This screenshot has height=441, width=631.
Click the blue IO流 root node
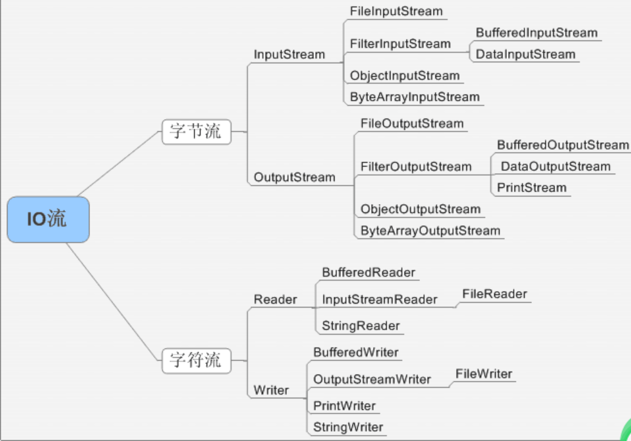click(48, 220)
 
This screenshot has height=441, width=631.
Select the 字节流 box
click(196, 132)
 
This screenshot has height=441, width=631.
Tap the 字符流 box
click(196, 361)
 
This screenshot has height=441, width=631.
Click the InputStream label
click(289, 54)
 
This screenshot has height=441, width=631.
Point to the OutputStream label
click(295, 177)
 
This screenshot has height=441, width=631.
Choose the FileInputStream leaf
click(396, 12)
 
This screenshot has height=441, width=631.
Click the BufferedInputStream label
click(536, 33)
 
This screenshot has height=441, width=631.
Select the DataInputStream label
click(526, 54)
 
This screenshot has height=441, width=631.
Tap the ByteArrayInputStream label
click(415, 97)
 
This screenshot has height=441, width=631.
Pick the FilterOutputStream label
click(416, 167)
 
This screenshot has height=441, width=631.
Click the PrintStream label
click(531, 188)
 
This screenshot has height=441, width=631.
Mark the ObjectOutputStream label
click(421, 209)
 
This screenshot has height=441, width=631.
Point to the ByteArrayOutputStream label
click(430, 230)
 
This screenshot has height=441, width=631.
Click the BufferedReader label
click(369, 273)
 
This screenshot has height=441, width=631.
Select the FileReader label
click(495, 294)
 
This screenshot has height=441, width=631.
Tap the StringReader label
click(361, 326)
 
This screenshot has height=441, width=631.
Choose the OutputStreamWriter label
click(372, 379)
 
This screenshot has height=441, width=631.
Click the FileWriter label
click(484, 374)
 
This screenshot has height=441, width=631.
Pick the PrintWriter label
click(345, 406)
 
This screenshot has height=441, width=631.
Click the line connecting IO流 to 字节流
click(120, 164)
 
